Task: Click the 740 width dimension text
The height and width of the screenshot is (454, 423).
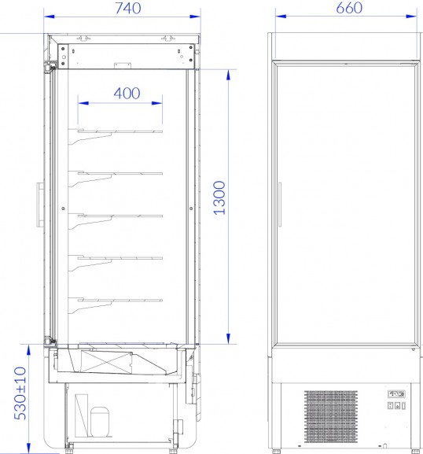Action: click(x=128, y=8)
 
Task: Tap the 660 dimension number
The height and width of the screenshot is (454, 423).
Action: click(x=349, y=8)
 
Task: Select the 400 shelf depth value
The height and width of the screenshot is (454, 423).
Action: click(x=127, y=93)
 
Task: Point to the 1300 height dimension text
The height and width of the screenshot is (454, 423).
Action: click(x=219, y=197)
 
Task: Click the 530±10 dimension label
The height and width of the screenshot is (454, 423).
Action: click(x=20, y=393)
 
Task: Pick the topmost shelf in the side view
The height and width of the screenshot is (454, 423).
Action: click(x=116, y=136)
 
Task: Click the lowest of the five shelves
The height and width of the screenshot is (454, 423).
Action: click(x=116, y=305)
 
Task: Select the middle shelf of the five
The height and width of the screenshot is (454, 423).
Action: click(x=116, y=220)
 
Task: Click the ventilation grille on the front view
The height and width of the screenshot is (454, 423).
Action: click(x=331, y=416)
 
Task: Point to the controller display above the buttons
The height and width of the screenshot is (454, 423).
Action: click(x=396, y=394)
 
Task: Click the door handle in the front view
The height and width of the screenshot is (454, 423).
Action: click(x=280, y=205)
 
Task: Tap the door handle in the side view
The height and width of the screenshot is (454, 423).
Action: click(x=40, y=205)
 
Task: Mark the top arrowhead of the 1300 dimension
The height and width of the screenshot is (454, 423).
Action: click(x=229, y=75)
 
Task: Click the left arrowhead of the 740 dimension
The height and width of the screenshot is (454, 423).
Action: click(x=50, y=17)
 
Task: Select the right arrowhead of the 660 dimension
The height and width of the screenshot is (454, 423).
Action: click(x=411, y=17)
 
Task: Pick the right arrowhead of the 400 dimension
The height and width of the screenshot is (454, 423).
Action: click(x=157, y=103)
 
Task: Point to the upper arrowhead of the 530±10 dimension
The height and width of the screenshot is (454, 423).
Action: click(x=28, y=350)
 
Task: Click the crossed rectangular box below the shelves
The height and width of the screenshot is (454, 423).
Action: click(x=106, y=362)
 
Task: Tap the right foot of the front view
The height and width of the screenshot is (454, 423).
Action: click(x=415, y=451)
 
